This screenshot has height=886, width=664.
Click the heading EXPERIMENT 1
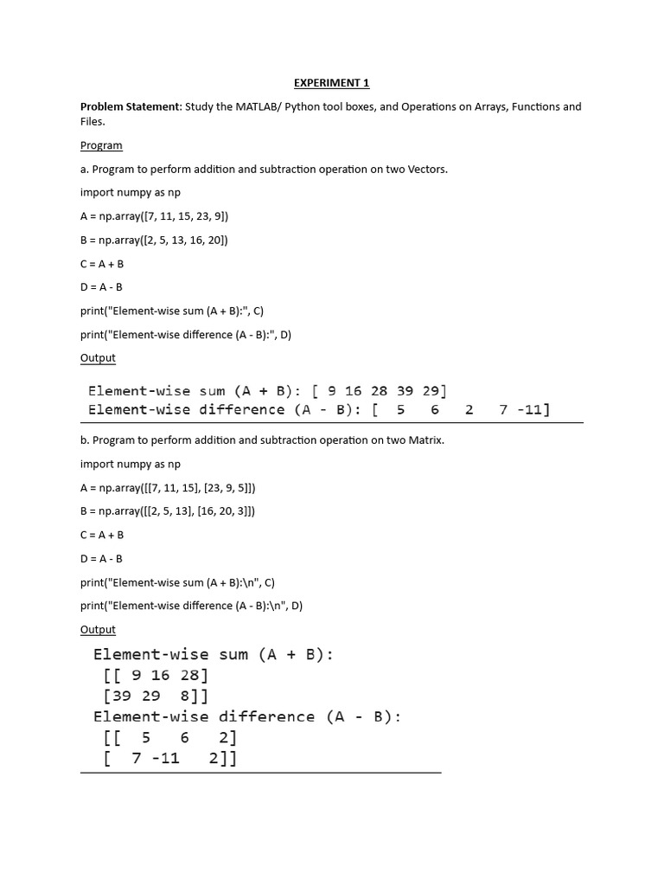pyautogui.click(x=331, y=83)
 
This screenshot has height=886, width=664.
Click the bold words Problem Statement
pyautogui.click(x=130, y=107)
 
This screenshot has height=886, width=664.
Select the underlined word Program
pyautogui.click(x=101, y=145)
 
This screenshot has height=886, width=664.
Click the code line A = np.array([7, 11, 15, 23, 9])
pyautogui.click(x=155, y=216)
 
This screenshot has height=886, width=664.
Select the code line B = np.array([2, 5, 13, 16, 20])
pyautogui.click(x=155, y=240)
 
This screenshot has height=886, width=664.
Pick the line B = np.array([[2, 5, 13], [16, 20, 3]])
pyautogui.click(x=168, y=511)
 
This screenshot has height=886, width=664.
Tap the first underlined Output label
pyautogui.click(x=98, y=358)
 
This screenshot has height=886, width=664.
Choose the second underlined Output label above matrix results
pyautogui.click(x=98, y=630)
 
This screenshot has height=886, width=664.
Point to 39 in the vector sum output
pyautogui.click(x=405, y=391)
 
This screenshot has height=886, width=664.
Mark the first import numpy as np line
pyautogui.click(x=131, y=193)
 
